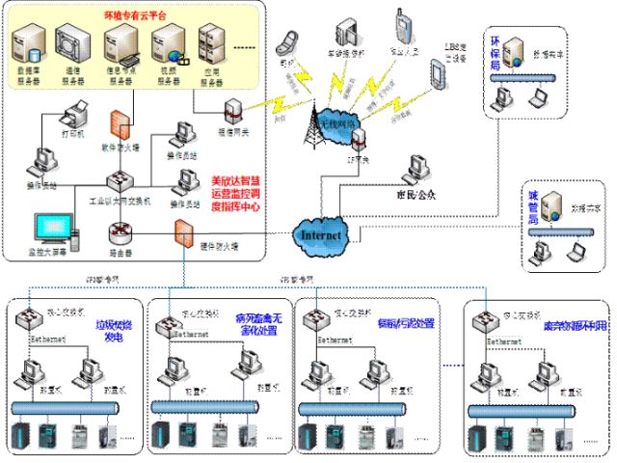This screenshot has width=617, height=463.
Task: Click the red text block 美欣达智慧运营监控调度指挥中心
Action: pos(237,197)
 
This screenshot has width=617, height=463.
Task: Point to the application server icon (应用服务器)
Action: pos(211,46)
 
